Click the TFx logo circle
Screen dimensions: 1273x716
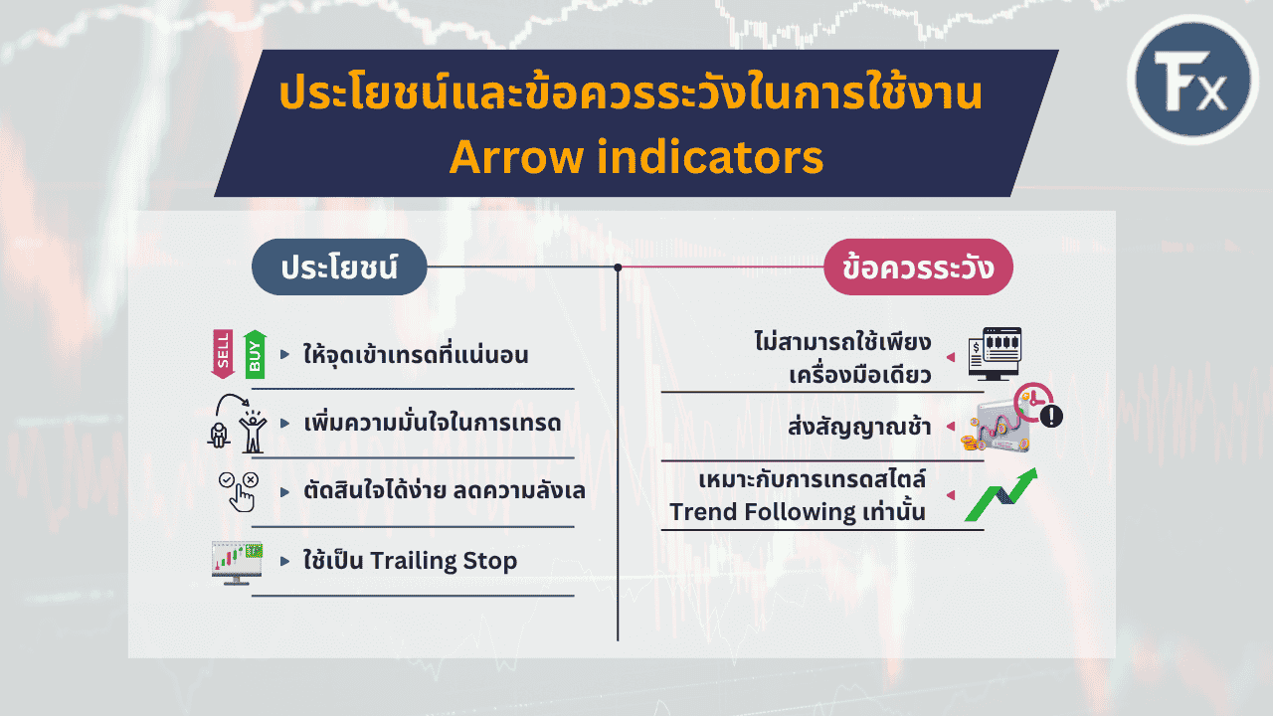tap(1192, 80)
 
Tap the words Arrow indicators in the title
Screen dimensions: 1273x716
tap(636, 157)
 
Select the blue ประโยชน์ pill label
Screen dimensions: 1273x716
tap(339, 268)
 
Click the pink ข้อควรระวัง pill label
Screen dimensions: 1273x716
tap(918, 268)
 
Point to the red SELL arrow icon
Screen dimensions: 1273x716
tap(223, 354)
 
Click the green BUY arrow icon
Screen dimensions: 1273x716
tap(255, 354)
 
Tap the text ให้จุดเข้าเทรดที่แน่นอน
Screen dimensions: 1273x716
tap(416, 354)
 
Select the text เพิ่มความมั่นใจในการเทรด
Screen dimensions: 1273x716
tap(433, 423)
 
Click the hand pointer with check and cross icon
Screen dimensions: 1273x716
tap(239, 492)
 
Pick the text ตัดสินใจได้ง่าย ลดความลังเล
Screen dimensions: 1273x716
tap(445, 490)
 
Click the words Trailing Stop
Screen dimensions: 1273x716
tap(444, 561)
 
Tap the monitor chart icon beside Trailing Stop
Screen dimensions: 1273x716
tap(237, 563)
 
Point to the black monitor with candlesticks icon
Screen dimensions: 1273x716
tap(995, 353)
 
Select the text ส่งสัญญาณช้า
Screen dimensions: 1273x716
tap(860, 427)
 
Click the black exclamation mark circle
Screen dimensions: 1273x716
tap(1051, 416)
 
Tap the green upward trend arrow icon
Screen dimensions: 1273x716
tap(1001, 494)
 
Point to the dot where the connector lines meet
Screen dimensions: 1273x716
tap(618, 268)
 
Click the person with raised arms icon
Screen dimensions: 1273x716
tap(253, 432)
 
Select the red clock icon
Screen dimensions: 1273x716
tap(1033, 402)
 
